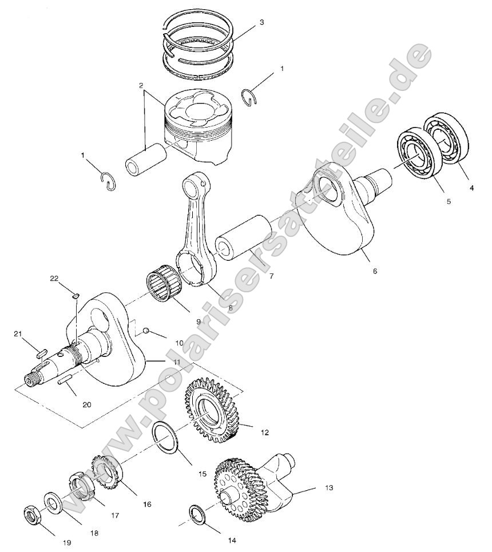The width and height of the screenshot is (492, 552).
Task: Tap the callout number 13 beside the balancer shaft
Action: click(x=328, y=488)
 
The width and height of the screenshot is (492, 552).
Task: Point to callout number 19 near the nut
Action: click(x=67, y=542)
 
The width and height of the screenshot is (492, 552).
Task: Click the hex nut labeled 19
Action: click(x=31, y=514)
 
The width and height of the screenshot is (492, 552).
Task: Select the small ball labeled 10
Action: click(x=147, y=331)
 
